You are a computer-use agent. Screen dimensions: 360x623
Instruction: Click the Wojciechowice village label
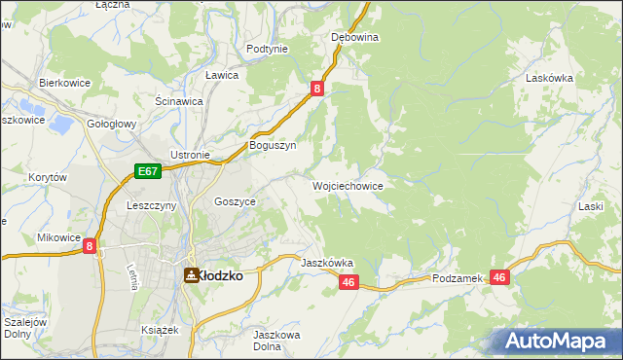tap(348, 186)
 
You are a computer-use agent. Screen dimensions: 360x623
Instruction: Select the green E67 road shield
tap(147, 171)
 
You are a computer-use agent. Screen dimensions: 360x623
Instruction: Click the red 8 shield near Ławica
tap(317, 90)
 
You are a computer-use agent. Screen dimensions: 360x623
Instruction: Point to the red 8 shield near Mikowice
tap(90, 247)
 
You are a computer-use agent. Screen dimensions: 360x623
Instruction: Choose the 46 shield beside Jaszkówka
tap(350, 282)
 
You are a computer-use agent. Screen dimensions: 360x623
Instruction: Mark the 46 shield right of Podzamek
tap(500, 277)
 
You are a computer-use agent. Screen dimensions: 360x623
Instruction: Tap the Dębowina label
tap(354, 37)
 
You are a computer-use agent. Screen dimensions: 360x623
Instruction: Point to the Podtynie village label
tap(267, 49)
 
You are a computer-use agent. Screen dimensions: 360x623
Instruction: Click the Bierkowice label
tap(64, 84)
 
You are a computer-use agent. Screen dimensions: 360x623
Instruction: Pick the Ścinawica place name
tap(179, 100)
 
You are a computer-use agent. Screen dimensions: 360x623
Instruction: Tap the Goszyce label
tap(235, 201)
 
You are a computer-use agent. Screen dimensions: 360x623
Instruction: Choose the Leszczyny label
tap(151, 206)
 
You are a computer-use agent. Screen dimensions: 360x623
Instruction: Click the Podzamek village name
tap(458, 278)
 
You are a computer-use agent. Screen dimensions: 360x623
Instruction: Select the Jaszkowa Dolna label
tap(275, 341)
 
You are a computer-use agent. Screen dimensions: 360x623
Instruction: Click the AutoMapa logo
tap(555, 341)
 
